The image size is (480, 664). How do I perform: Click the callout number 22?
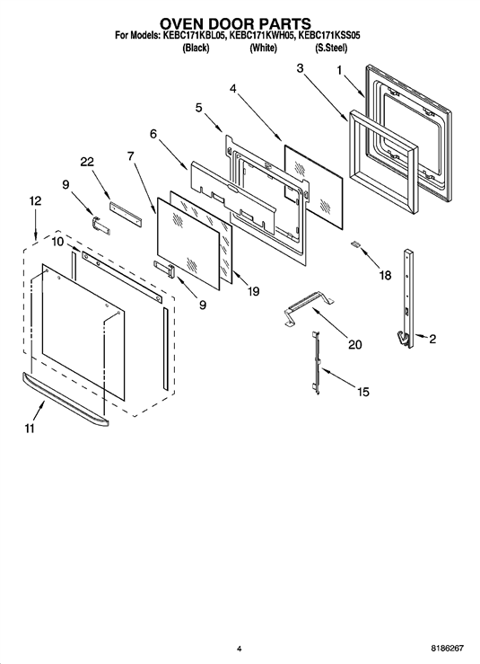point(87,163)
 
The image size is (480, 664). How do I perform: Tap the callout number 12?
point(35,200)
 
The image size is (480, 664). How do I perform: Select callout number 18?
point(385,275)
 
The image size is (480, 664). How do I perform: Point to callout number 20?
point(354,345)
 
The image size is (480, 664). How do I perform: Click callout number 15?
point(363,392)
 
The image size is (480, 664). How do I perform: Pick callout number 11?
point(30,429)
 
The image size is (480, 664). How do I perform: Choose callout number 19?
point(253,291)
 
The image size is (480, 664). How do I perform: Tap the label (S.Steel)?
point(331,48)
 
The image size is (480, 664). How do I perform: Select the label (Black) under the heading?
point(196,48)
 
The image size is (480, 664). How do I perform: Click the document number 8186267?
point(448,649)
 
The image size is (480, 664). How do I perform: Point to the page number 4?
point(239,649)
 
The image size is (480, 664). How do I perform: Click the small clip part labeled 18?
point(355,244)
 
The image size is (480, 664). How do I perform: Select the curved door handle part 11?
point(65,399)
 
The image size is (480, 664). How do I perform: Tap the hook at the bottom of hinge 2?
point(403,340)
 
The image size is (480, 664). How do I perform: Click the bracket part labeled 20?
point(308,308)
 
